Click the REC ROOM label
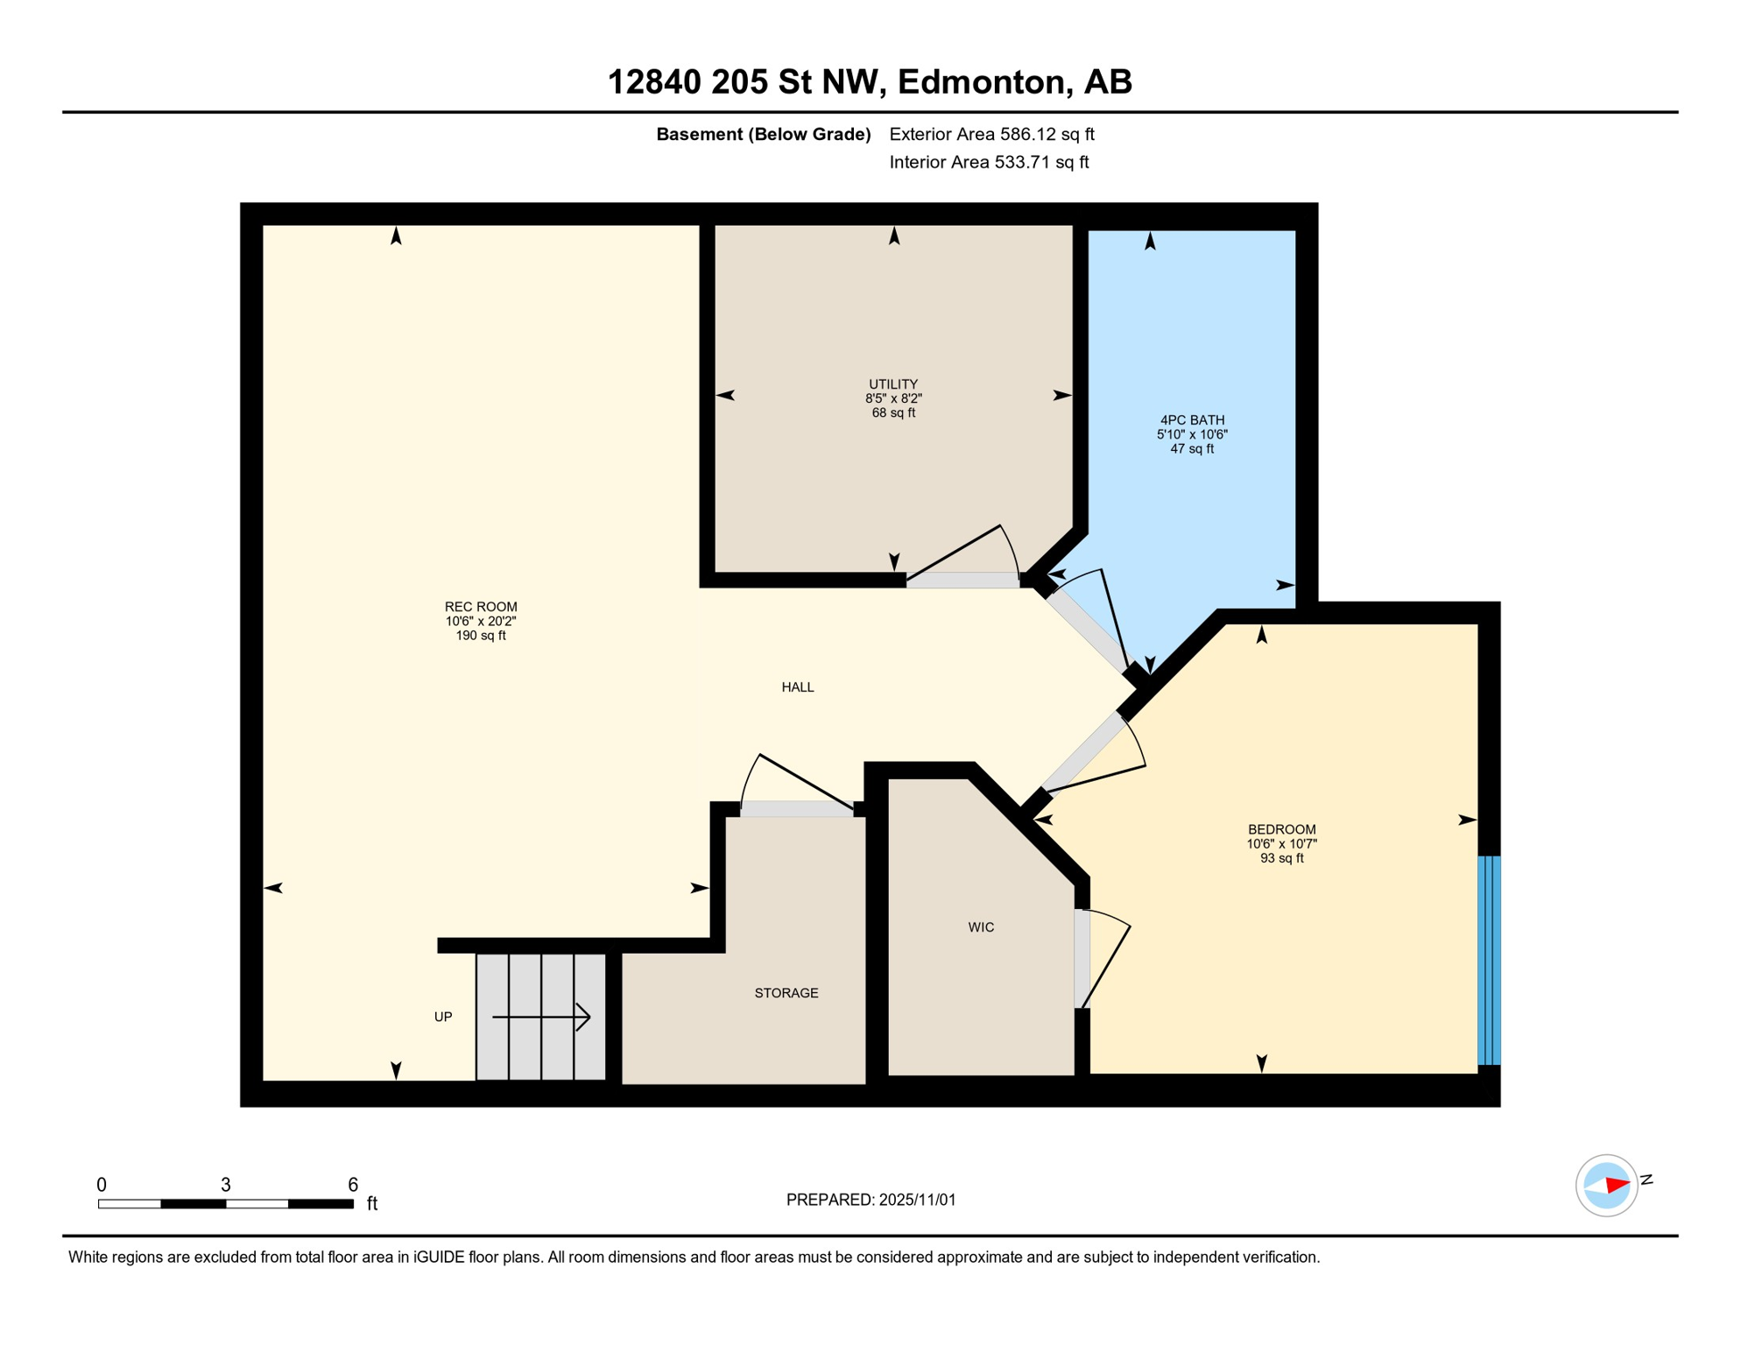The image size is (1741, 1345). coord(481,607)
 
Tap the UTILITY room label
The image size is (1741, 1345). coord(893,384)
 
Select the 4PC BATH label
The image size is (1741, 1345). coord(1192,420)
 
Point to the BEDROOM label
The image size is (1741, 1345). coord(1282,829)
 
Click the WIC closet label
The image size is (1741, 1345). coord(981,927)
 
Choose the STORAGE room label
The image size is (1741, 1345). coord(786,993)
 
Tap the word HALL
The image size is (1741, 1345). coord(798,687)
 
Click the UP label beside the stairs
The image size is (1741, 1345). coord(443,1017)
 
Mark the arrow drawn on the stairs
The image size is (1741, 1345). coord(543,1017)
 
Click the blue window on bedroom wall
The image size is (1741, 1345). coord(1490,961)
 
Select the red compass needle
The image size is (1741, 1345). coord(1617,1186)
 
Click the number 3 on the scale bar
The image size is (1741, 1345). coord(226,1185)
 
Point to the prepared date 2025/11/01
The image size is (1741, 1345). coord(915,1200)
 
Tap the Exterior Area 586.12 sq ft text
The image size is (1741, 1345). coord(991,134)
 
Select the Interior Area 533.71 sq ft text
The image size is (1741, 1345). coord(989,162)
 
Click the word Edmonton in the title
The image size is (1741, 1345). coord(982,81)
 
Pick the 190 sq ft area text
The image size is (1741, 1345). coord(481,636)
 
